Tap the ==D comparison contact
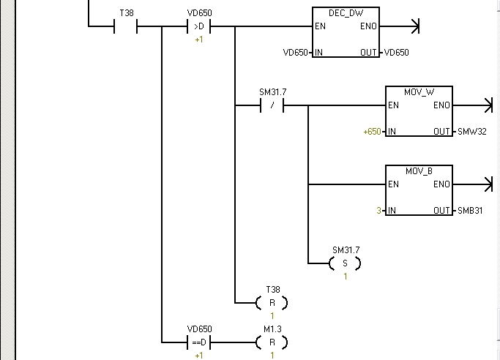click(x=199, y=342)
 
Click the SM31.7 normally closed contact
click(x=272, y=105)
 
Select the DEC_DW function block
click(x=346, y=32)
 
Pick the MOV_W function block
click(x=419, y=111)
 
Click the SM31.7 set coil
click(x=346, y=263)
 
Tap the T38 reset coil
click(x=272, y=302)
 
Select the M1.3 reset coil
click(x=272, y=342)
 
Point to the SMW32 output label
click(x=471, y=132)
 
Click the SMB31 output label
click(x=471, y=211)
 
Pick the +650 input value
click(x=372, y=132)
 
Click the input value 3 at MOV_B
click(x=378, y=211)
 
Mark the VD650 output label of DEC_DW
click(x=396, y=53)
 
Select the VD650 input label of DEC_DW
click(x=295, y=53)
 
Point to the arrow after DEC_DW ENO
click(x=414, y=27)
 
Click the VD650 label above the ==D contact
click(x=199, y=329)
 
